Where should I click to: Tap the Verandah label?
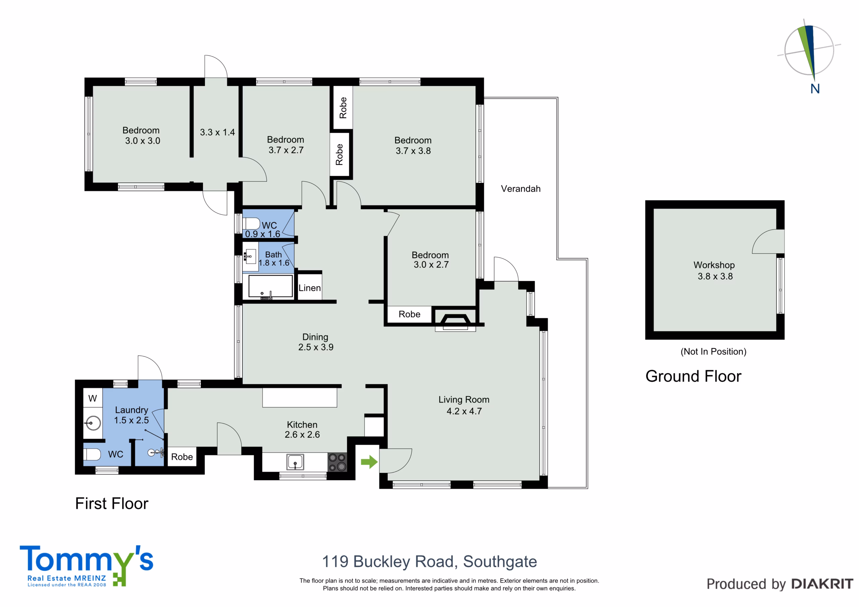(520, 189)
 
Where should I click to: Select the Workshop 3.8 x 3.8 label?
(714, 270)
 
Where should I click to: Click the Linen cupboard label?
(309, 288)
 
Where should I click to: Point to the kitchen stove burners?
(337, 462)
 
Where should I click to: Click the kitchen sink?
(295, 461)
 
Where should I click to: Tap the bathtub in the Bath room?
(270, 286)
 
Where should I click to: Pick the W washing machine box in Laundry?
(92, 398)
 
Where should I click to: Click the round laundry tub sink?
(92, 423)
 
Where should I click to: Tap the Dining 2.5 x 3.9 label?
(315, 342)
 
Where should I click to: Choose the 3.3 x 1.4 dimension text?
(217, 132)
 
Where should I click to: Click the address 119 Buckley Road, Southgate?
(429, 561)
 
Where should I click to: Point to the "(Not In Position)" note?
(713, 351)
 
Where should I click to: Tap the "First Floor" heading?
(111, 503)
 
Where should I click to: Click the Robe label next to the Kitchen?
(182, 457)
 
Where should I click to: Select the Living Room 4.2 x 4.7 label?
(464, 405)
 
